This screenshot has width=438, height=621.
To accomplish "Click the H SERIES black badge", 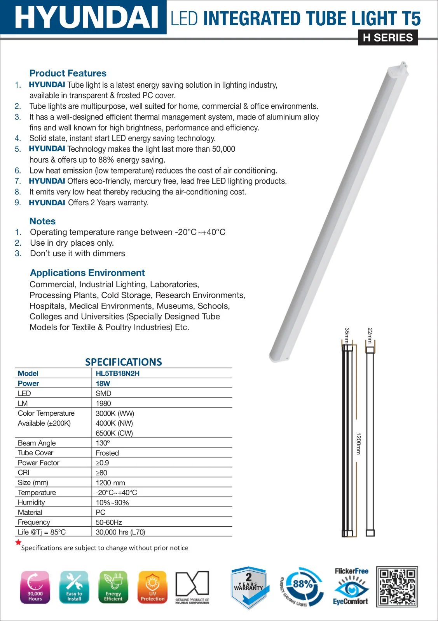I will [387, 38].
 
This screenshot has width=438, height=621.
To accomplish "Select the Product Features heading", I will [68, 73].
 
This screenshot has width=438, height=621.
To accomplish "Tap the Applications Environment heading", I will [87, 273].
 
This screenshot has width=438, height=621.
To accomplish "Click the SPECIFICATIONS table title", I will [124, 362].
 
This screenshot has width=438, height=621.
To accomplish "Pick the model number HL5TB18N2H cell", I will [117, 373].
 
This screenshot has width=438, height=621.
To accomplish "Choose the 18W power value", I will [103, 383].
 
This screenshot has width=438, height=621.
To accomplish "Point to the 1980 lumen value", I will [103, 404].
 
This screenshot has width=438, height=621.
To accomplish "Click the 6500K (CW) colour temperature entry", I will [114, 433].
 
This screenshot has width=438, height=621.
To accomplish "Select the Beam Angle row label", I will [37, 443].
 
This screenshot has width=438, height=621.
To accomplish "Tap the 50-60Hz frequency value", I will [109, 522].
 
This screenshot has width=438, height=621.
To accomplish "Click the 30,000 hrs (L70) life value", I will [120, 532].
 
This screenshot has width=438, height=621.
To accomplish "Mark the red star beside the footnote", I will [18, 542].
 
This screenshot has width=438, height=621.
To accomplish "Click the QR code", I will [397, 586].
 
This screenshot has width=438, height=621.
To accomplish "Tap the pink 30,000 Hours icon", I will [35, 587].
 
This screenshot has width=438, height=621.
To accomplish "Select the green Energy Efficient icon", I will [113, 587].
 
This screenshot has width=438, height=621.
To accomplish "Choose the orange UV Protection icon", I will [152, 587].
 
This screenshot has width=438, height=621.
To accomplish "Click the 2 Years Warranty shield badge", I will [249, 587].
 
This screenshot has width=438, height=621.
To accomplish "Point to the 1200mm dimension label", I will [358, 444].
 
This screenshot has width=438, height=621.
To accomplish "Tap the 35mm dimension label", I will [347, 335].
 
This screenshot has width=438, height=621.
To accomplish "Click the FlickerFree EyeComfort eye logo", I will [351, 587].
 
